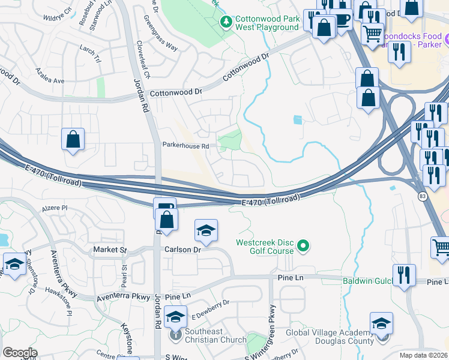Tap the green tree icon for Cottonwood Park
pyautogui.click(x=226, y=23)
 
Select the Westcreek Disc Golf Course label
pyautogui.click(x=264, y=247)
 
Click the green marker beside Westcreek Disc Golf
pyautogui.click(x=303, y=245)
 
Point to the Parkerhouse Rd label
pyautogui.click(x=185, y=146)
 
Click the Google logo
pyautogui.click(x=20, y=352)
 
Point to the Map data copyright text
pyautogui.click(x=424, y=355)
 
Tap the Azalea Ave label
pyautogui.click(x=50, y=80)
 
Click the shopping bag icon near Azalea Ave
pyautogui.click(x=73, y=140)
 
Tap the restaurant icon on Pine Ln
pyautogui.click(x=404, y=276)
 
